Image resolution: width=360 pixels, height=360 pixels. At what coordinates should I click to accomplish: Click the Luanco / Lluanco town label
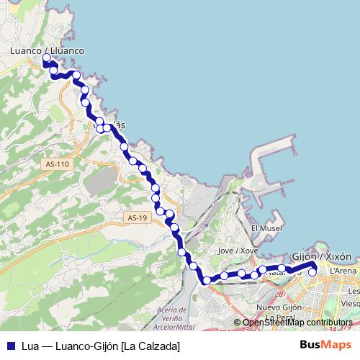(48, 51)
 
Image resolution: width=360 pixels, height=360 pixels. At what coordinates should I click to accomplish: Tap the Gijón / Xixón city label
(323, 256)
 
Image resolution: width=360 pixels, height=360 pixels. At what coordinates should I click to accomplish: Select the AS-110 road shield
(56, 164)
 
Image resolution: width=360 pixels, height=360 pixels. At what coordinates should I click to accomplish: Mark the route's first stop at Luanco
(47, 58)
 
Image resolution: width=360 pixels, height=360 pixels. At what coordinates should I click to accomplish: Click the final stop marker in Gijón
(312, 271)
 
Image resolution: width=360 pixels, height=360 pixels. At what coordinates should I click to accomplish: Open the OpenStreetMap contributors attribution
(298, 323)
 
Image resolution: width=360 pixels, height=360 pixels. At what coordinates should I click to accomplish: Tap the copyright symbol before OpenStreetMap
(237, 323)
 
